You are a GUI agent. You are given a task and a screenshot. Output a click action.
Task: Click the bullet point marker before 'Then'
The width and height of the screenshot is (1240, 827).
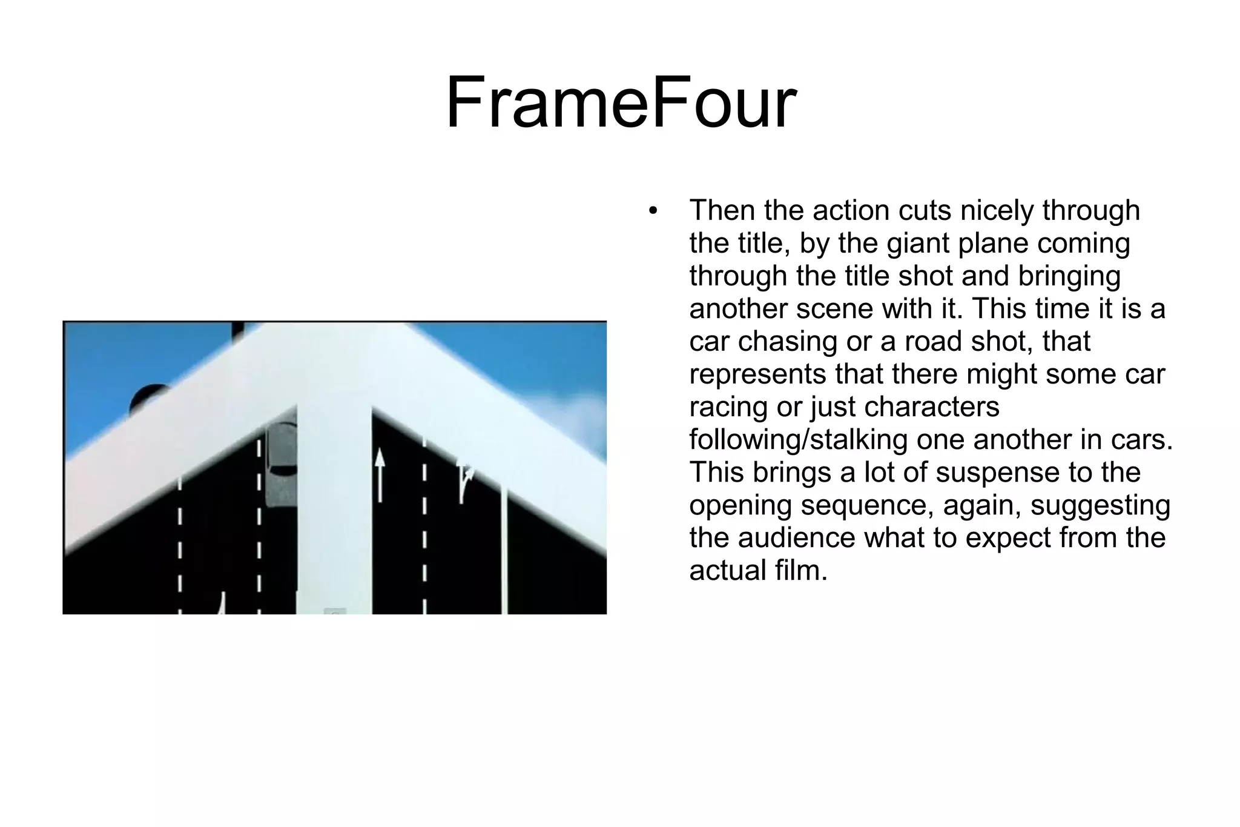(652, 212)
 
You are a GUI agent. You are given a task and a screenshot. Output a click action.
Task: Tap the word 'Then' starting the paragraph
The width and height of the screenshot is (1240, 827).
(723, 211)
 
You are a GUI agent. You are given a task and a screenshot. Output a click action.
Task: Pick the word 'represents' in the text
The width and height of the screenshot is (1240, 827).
(757, 374)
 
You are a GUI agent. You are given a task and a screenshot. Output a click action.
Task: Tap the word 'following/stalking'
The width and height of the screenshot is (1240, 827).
(798, 440)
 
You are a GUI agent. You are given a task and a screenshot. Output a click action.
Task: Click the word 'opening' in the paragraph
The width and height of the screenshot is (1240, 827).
(740, 505)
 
